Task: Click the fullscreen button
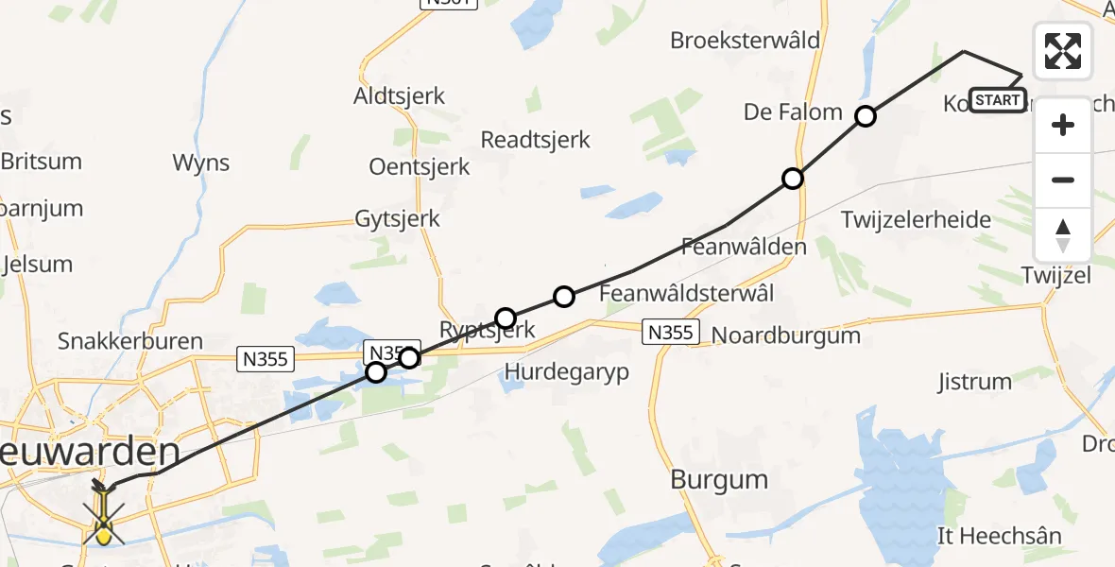[1063, 51]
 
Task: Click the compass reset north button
[1063, 235]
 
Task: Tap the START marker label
[997, 100]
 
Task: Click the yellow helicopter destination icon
[103, 516]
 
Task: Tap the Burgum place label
[719, 479]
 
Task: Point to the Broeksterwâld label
[745, 41]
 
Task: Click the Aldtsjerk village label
[399, 96]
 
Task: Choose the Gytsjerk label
[397, 218]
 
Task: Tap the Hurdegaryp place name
[567, 371]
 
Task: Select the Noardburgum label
[785, 335]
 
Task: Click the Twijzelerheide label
[916, 220]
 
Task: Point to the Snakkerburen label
[130, 341]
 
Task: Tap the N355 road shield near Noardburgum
[672, 332]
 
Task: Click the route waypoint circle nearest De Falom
[866, 117]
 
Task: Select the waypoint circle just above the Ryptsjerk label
[506, 318]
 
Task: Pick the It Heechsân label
[999, 536]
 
